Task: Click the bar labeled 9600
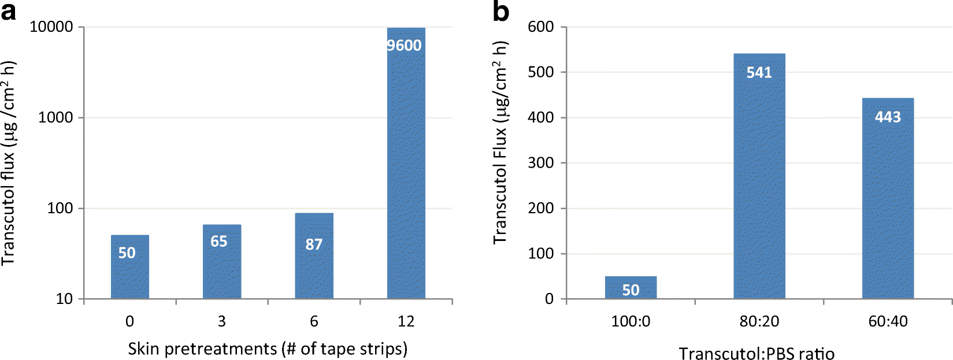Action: (406, 173)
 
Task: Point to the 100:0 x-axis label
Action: (631, 321)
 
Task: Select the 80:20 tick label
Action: (759, 321)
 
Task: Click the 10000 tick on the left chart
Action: (51, 27)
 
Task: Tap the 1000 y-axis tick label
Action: (56, 118)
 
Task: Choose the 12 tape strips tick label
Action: (406, 321)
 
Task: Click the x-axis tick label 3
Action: (221, 321)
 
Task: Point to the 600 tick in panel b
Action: (540, 27)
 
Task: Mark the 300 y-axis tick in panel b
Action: (540, 163)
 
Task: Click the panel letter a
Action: (9, 11)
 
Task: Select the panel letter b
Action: (500, 11)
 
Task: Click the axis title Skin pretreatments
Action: (267, 348)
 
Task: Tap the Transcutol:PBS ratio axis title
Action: (756, 353)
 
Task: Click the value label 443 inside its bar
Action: (888, 117)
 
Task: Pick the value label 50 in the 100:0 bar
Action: (631, 290)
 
